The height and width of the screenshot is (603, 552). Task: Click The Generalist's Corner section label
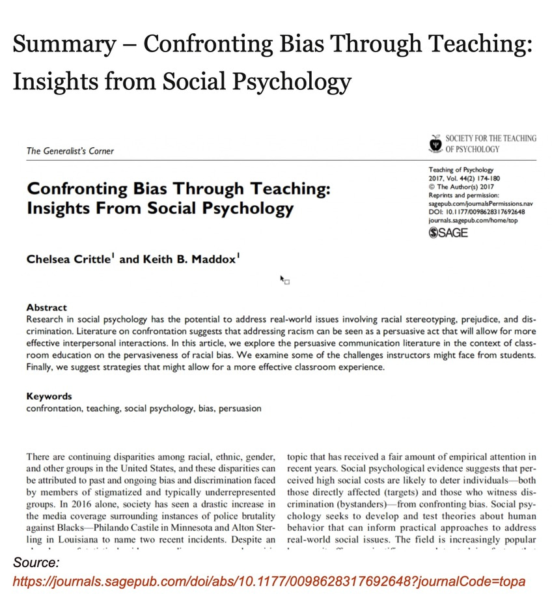click(70, 151)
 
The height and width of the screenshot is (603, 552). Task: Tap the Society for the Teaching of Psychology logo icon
click(435, 143)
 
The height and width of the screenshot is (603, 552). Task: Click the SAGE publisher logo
click(448, 233)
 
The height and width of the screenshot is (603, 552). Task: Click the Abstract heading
click(46, 307)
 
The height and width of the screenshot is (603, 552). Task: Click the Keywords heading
click(49, 396)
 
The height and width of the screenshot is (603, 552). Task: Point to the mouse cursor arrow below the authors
click(283, 279)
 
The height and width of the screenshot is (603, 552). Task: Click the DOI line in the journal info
click(476, 212)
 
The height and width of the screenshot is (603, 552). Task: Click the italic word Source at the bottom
click(36, 561)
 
